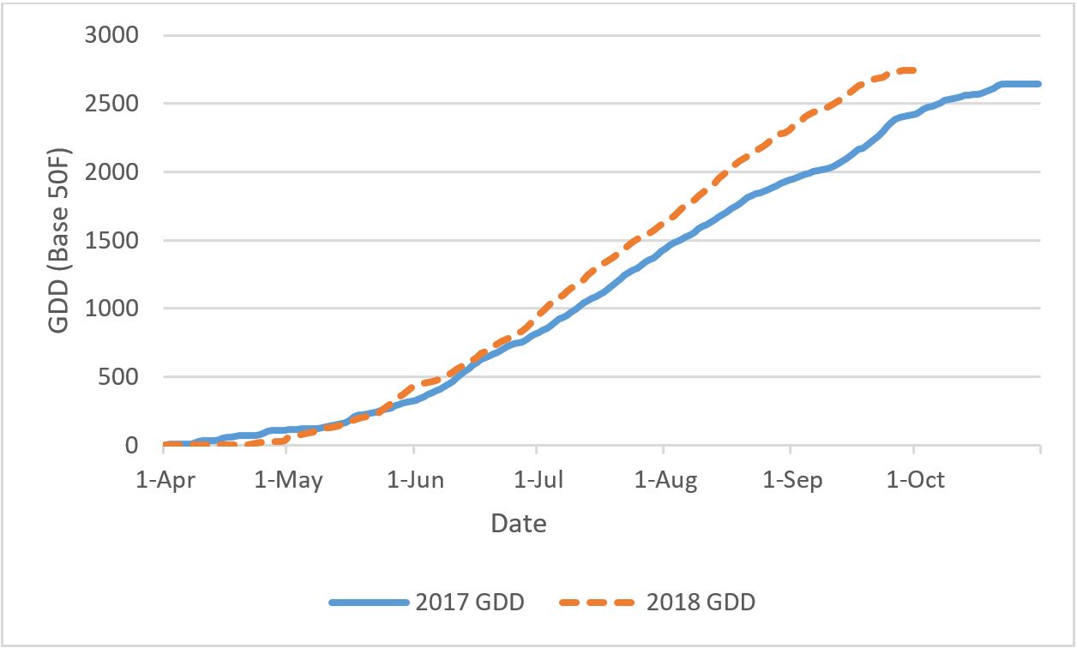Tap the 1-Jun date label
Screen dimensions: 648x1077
[415, 480]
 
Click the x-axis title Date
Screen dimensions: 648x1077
[518, 523]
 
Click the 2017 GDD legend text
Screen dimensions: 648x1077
[469, 603]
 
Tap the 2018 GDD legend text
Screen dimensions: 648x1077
[701, 603]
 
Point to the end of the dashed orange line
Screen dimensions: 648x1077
[915, 70]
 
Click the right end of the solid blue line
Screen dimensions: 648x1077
[1039, 84]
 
